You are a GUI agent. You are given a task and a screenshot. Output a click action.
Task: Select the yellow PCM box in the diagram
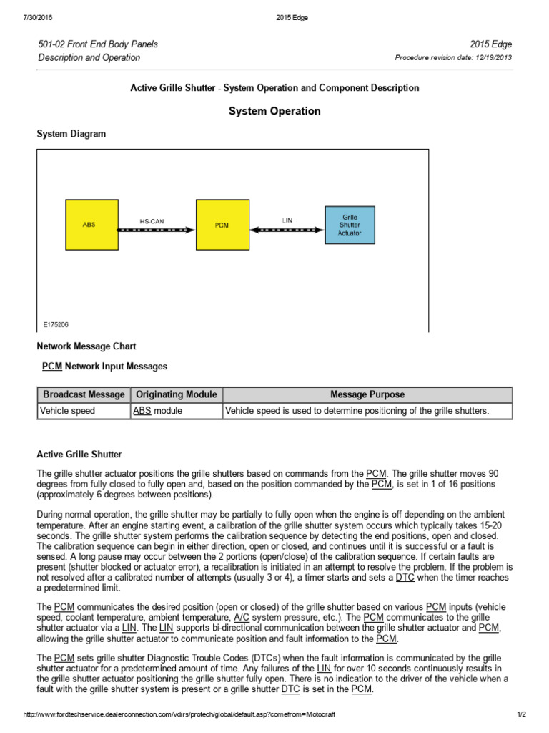[x=222, y=224]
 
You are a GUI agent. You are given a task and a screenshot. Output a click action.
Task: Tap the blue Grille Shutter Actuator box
[x=350, y=224]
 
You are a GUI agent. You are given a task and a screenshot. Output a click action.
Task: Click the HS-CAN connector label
[x=151, y=221]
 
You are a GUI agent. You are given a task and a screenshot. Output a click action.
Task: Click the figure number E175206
[x=55, y=324]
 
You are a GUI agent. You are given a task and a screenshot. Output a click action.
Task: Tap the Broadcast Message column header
[x=84, y=394]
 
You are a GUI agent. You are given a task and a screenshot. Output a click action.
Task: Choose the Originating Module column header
[x=176, y=394]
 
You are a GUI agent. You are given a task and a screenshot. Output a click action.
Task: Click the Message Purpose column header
[x=367, y=394]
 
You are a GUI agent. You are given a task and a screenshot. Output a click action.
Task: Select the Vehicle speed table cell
[x=67, y=411]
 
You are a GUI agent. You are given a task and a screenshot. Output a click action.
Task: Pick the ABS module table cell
[x=158, y=411]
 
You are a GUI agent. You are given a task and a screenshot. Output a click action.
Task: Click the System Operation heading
[x=274, y=111]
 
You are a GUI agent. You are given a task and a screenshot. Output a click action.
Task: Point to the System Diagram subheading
[x=71, y=134]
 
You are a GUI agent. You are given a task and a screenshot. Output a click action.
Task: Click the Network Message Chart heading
[x=86, y=346]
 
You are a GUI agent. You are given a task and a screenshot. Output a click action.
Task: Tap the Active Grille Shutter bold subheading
[x=79, y=454]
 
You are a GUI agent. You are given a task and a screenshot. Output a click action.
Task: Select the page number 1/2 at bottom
[x=521, y=714]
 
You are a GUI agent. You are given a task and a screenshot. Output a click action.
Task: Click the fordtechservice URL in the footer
[x=179, y=714]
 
